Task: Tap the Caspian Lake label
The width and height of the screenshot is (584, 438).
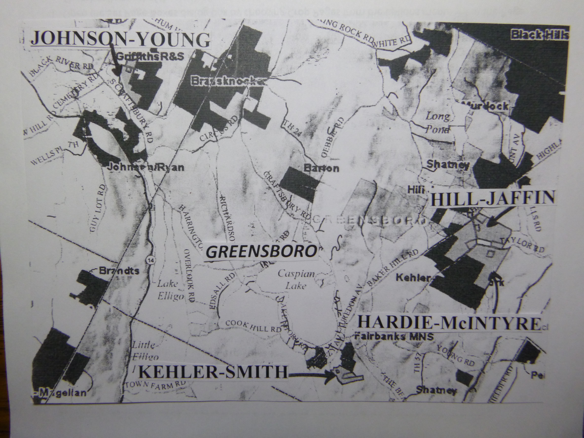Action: point(296,280)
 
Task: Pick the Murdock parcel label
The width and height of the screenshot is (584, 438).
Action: point(486,106)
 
